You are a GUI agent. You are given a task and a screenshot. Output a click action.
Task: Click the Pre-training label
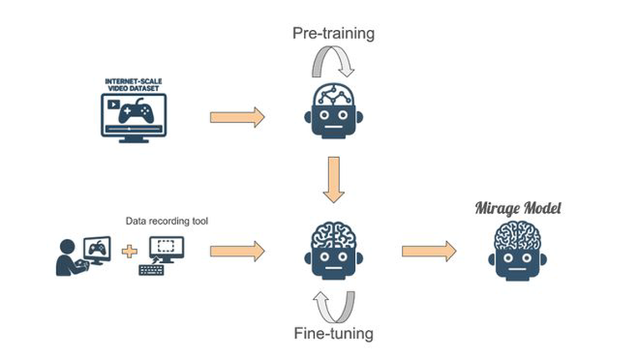click(x=333, y=33)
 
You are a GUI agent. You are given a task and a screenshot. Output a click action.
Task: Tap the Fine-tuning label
click(x=333, y=333)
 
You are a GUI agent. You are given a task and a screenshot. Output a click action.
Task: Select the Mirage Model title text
click(x=518, y=208)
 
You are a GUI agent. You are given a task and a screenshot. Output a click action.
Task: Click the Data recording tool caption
click(x=167, y=221)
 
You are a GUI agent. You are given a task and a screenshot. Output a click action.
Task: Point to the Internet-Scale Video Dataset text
click(x=134, y=85)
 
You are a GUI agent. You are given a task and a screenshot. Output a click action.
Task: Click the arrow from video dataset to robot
click(x=237, y=118)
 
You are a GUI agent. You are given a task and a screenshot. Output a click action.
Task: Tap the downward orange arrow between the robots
click(x=334, y=180)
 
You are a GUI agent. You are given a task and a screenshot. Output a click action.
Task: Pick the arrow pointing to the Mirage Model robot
click(x=429, y=251)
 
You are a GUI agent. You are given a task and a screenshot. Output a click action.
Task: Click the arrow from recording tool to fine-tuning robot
click(x=237, y=251)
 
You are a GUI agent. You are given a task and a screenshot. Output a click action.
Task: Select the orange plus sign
click(x=129, y=251)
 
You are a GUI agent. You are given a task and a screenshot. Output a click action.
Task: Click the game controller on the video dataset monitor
click(x=136, y=111)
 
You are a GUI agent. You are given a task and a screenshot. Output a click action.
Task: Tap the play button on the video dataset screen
click(x=114, y=104)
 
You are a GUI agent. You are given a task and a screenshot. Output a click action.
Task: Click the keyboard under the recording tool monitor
click(x=151, y=270)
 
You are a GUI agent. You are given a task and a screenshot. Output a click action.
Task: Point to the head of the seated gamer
click(x=68, y=247)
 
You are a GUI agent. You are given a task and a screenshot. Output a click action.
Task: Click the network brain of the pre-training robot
click(x=334, y=94)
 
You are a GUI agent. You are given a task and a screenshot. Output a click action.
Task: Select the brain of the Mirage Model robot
click(x=518, y=236)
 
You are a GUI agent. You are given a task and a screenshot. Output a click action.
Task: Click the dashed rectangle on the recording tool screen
click(x=165, y=246)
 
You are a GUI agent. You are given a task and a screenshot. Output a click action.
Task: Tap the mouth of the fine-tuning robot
click(x=334, y=268)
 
